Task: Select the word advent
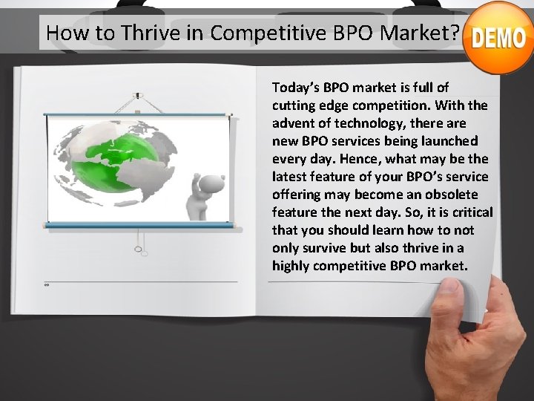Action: coord(292,123)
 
